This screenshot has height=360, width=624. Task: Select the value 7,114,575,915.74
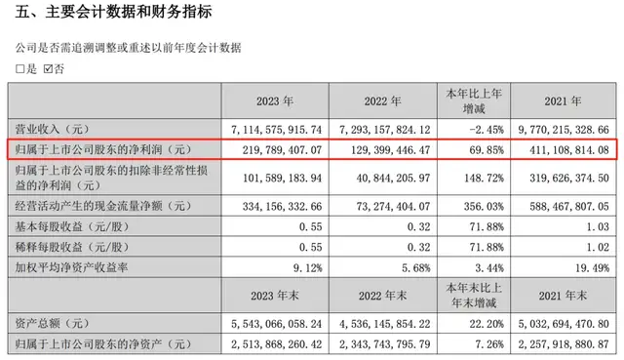coord(284,128)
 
